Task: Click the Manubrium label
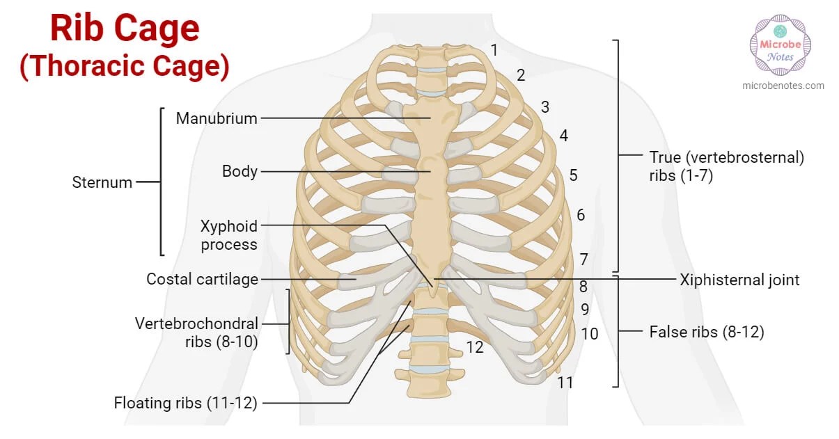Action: pos(216,118)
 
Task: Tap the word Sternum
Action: pos(102,182)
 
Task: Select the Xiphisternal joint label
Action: pos(739,280)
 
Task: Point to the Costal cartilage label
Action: pos(202,279)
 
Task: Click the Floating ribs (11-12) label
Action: pos(185,403)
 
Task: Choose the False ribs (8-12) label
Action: pos(706,332)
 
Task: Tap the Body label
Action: pos(240,171)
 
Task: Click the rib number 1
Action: pos(494,50)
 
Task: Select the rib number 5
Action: pos(573,175)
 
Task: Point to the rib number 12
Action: pos(475,346)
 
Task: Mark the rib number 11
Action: pos(565,382)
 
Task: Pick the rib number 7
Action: pos(583,260)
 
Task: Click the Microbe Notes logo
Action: pos(781,45)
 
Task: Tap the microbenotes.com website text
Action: pos(783,86)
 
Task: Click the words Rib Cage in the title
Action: pos(125,29)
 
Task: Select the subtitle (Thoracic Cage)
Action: pos(125,66)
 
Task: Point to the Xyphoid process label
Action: pos(228,235)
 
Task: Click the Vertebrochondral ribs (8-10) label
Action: pos(196,332)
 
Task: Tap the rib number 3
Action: pos(545,107)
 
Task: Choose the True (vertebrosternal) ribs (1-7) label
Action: pos(726,166)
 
